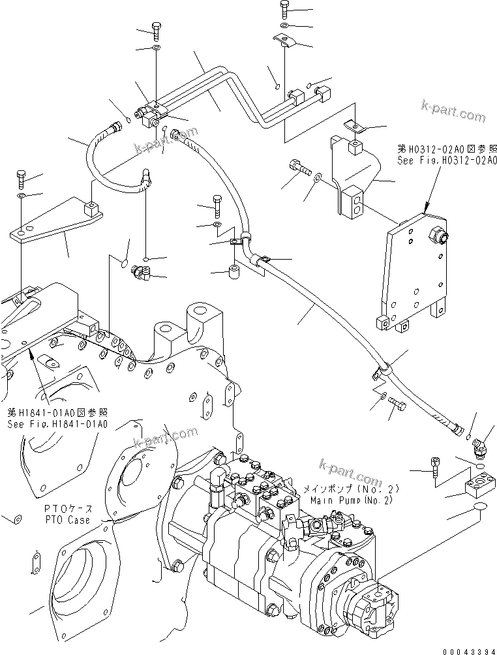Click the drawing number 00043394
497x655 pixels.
467,648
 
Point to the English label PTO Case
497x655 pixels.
70,520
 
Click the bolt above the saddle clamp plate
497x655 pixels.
286,9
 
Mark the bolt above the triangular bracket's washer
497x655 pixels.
21,177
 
